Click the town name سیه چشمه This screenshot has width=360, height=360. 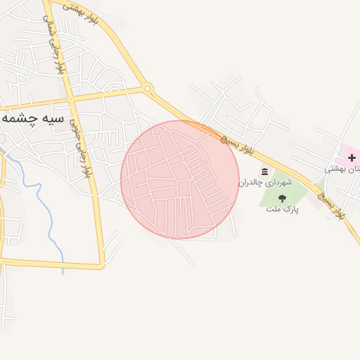coord(32,118)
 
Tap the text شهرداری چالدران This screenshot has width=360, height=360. coord(264,183)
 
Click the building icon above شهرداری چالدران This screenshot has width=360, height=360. coord(264,172)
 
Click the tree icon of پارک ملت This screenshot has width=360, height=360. coord(283,198)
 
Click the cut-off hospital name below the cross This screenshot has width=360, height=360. coord(342,169)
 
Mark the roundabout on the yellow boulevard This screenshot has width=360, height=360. coord(148,89)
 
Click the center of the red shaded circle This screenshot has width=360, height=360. coord(180,179)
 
